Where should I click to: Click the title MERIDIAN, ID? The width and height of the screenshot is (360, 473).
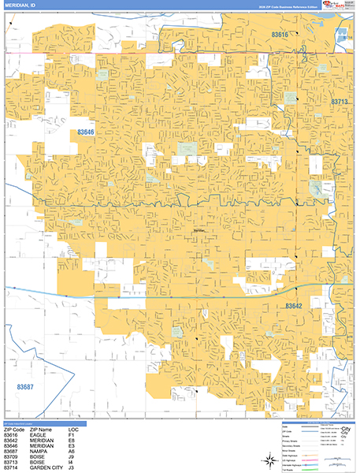click(x=19, y=6)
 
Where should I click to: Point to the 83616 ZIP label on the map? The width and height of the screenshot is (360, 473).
click(x=280, y=35)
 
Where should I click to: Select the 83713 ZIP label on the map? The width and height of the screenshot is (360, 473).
click(x=340, y=102)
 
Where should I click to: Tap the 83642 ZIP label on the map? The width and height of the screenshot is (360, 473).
click(x=293, y=305)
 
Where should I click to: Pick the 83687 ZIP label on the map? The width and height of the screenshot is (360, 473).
click(x=25, y=386)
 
